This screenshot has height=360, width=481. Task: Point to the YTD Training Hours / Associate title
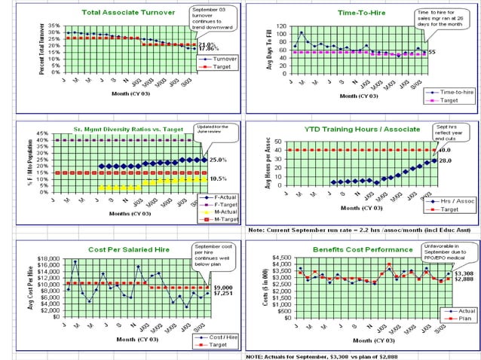(352, 129)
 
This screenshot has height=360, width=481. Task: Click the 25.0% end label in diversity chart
(219, 160)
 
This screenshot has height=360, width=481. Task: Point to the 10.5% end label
(219, 178)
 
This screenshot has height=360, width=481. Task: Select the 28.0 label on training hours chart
(445, 160)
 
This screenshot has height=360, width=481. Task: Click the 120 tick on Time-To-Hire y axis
(280, 26)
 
